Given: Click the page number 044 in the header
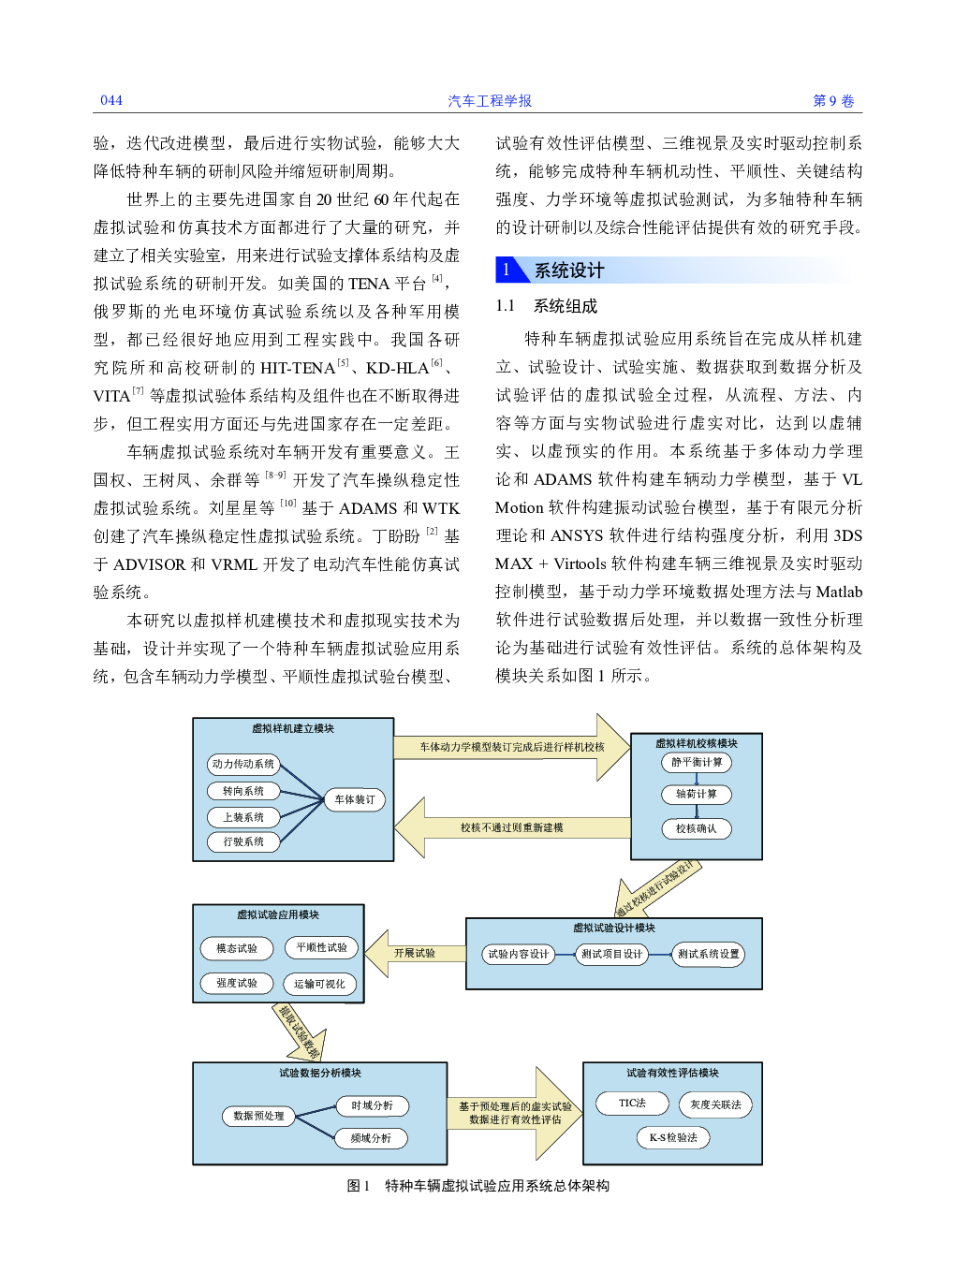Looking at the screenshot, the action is [x=110, y=100].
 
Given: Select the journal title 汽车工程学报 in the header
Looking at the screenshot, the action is [x=490, y=101].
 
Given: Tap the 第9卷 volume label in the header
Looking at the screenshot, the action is [x=833, y=101].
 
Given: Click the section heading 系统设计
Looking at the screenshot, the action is [x=569, y=271].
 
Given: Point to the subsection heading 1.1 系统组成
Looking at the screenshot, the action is [x=546, y=306].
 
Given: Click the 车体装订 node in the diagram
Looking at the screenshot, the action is [x=354, y=799].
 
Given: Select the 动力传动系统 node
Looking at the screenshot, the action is [x=243, y=764].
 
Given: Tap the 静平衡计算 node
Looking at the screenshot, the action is [x=696, y=762].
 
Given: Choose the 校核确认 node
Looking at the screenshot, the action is [x=696, y=828].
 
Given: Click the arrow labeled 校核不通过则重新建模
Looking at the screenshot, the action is [x=512, y=827].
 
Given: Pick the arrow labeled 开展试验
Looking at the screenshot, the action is [x=415, y=954].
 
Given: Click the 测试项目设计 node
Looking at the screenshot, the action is [x=611, y=954].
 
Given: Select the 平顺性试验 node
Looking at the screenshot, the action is [x=321, y=947].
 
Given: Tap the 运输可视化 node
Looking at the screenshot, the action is [x=320, y=984].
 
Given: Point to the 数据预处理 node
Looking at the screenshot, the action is [x=258, y=1116].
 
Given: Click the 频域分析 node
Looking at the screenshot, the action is [x=371, y=1138].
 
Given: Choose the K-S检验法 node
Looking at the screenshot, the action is [x=673, y=1137].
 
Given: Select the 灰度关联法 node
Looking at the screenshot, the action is [x=715, y=1104].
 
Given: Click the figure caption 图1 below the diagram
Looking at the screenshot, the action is [x=358, y=1186].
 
